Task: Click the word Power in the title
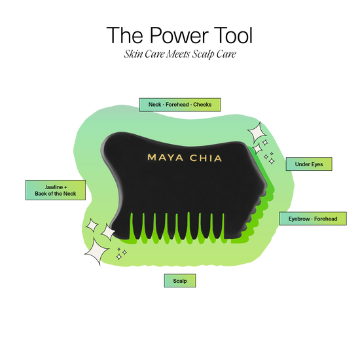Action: [x=179, y=35]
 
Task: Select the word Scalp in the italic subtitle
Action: [x=203, y=54]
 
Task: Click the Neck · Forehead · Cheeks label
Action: [x=180, y=105]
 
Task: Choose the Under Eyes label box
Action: [x=309, y=164]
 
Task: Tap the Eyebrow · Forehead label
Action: [x=313, y=219]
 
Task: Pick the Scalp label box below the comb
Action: [x=180, y=281]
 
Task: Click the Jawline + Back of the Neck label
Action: [x=56, y=190]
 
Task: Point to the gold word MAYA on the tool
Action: [x=166, y=158]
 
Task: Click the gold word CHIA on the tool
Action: [x=206, y=158]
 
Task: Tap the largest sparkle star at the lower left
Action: [x=96, y=251]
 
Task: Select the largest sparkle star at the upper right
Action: [x=257, y=133]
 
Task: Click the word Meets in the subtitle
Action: [x=179, y=54]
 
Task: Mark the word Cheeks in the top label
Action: [x=202, y=105]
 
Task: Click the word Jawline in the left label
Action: [x=54, y=187]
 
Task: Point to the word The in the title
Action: [x=124, y=35]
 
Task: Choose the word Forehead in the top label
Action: [x=177, y=105]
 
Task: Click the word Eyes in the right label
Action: [x=317, y=164]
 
